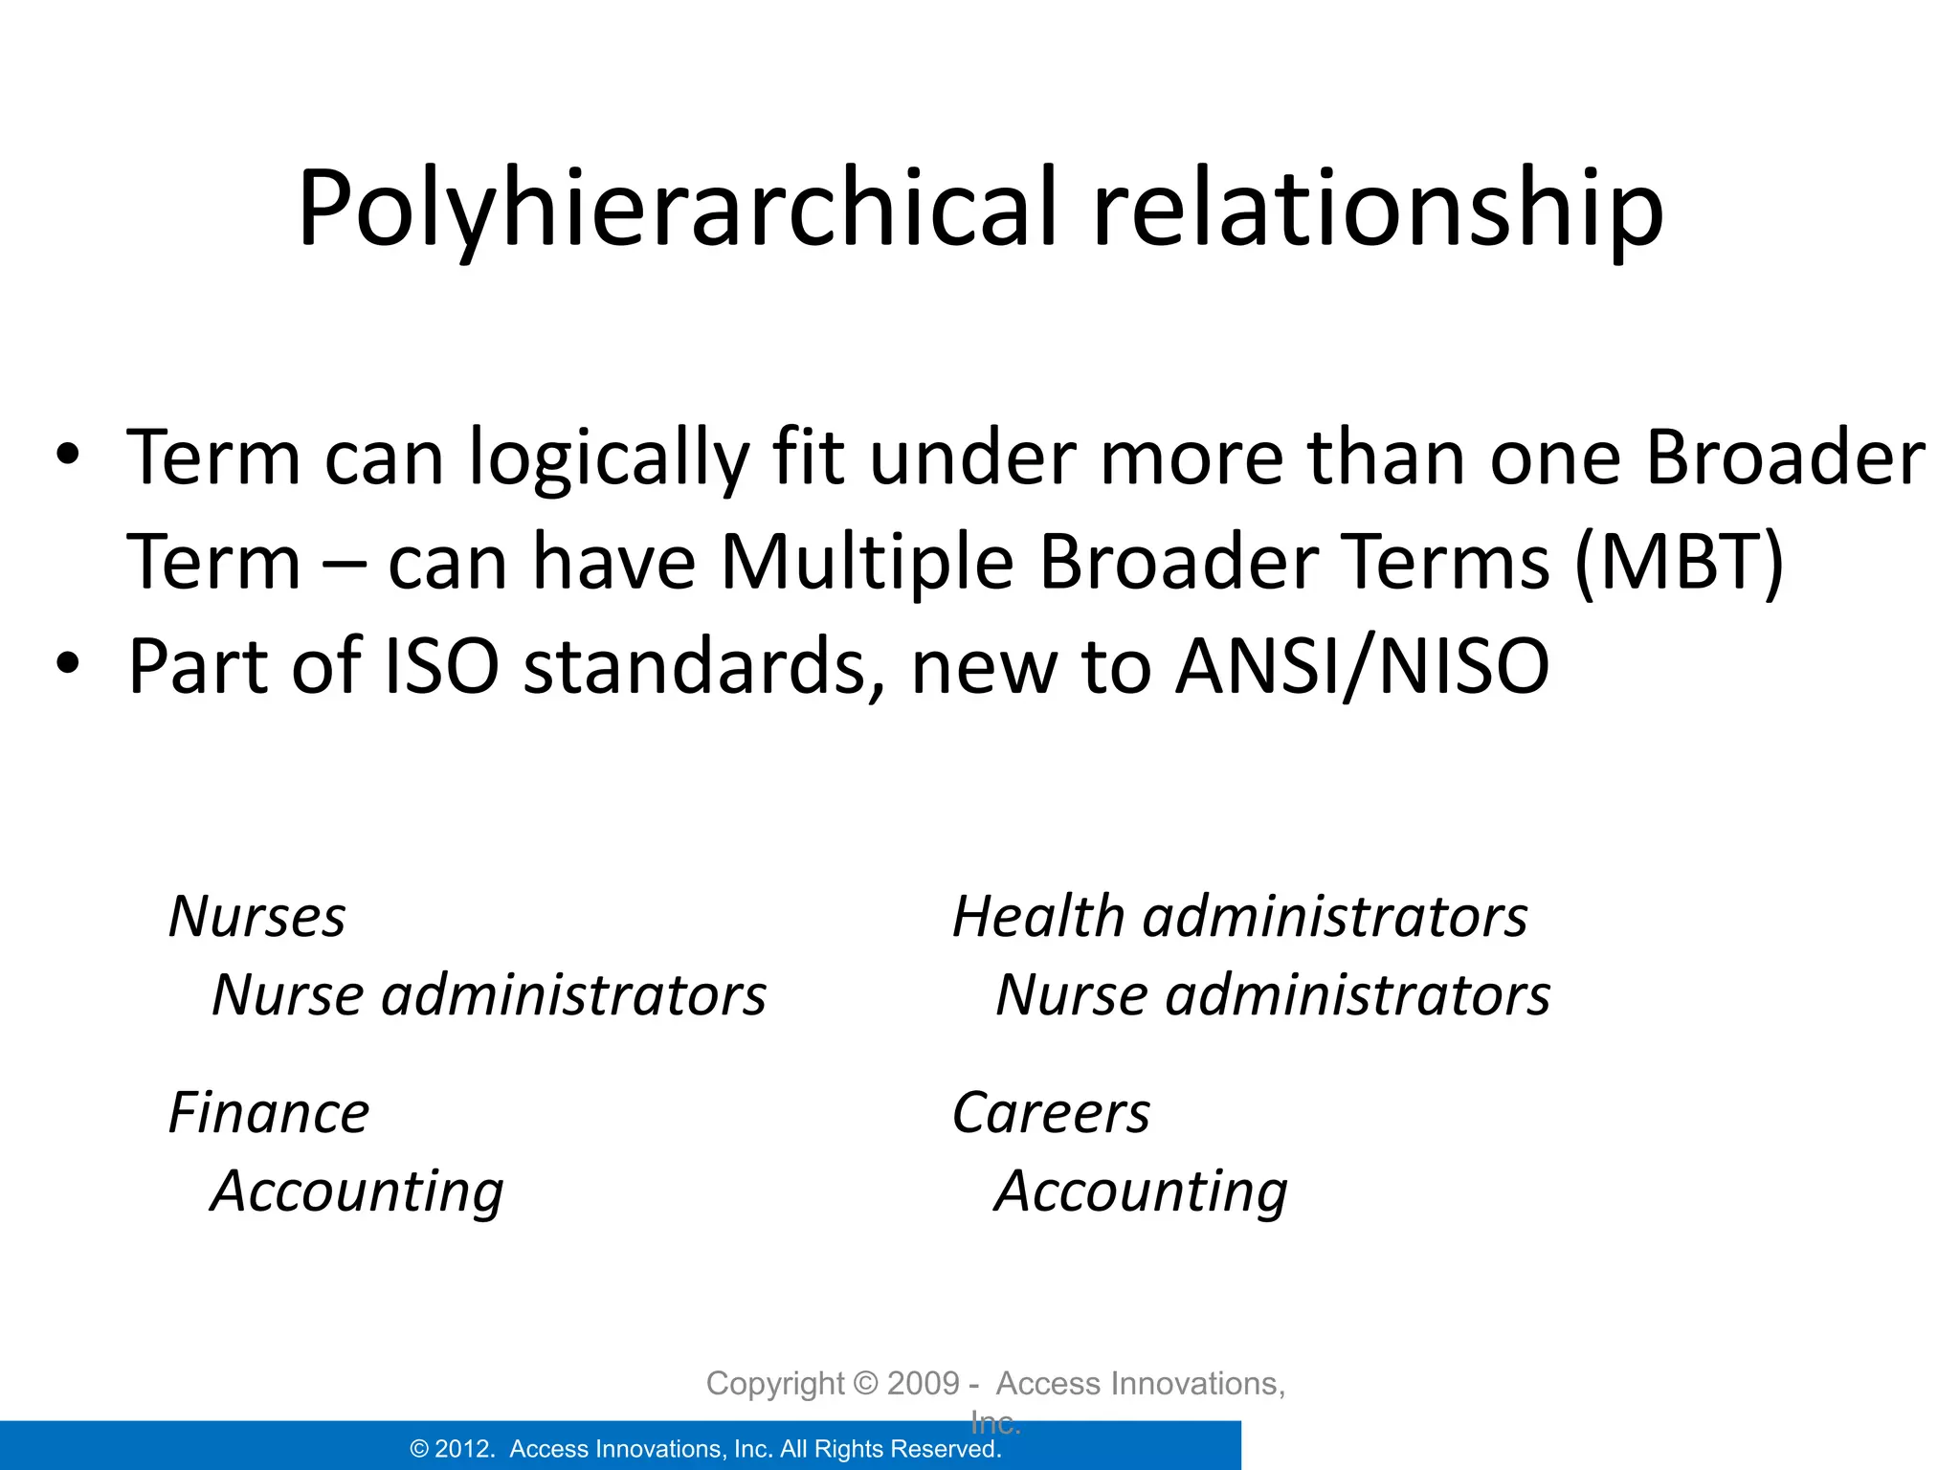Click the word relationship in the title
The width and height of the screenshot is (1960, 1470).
point(1377,209)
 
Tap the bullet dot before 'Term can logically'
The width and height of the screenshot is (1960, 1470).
point(67,455)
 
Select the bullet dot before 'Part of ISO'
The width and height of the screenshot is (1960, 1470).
point(67,663)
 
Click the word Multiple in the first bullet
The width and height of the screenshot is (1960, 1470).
point(866,561)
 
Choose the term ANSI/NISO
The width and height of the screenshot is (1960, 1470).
point(1362,665)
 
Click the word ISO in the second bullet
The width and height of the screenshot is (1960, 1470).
point(441,665)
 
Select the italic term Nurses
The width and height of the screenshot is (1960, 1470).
point(256,917)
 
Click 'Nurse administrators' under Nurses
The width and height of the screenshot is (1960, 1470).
point(488,995)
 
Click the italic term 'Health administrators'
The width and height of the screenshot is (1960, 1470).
point(1239,917)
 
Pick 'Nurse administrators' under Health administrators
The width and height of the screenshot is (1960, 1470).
point(1272,995)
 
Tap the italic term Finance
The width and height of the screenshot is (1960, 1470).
point(268,1113)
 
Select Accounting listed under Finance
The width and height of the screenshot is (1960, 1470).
point(356,1192)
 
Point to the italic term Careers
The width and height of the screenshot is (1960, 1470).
point(1051,1113)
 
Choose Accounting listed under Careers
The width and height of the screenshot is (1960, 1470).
point(1140,1192)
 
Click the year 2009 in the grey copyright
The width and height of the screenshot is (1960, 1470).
point(923,1384)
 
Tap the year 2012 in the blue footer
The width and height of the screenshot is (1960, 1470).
point(464,1449)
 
